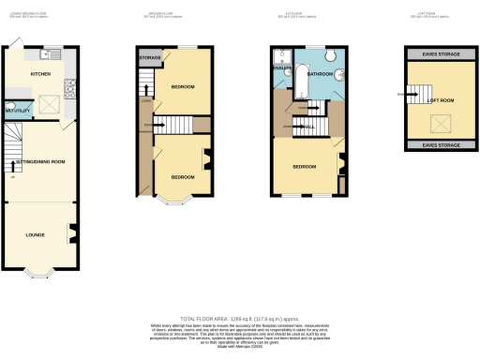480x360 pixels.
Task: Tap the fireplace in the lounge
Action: coord(70,233)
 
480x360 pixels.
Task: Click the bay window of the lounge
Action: coord(39,273)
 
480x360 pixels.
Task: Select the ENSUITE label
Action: coord(282,68)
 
